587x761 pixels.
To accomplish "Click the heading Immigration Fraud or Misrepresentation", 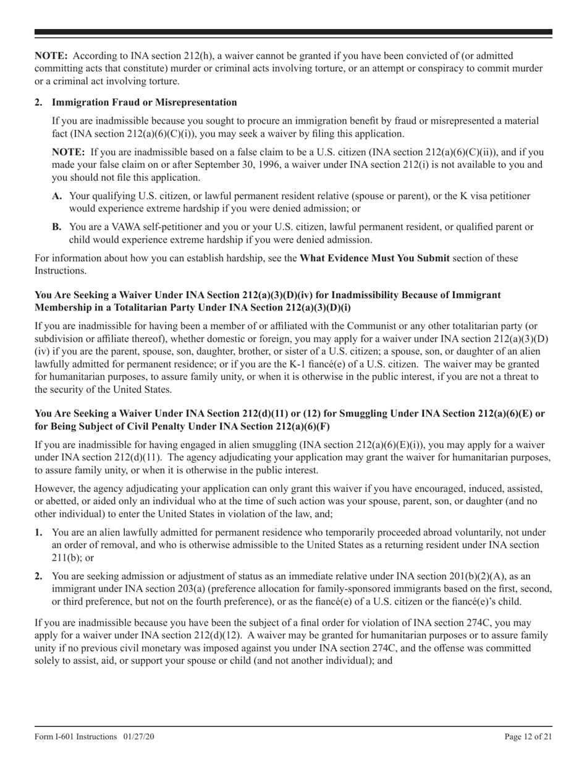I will pyautogui.click(x=144, y=102).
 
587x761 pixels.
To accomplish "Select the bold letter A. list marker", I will pyautogui.click(x=57, y=196).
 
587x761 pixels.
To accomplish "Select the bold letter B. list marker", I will pyautogui.click(x=57, y=227).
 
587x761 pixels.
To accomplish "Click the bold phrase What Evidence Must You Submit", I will pyautogui.click(x=374, y=258).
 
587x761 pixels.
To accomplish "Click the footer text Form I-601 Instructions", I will pyautogui.click(x=75, y=737).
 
